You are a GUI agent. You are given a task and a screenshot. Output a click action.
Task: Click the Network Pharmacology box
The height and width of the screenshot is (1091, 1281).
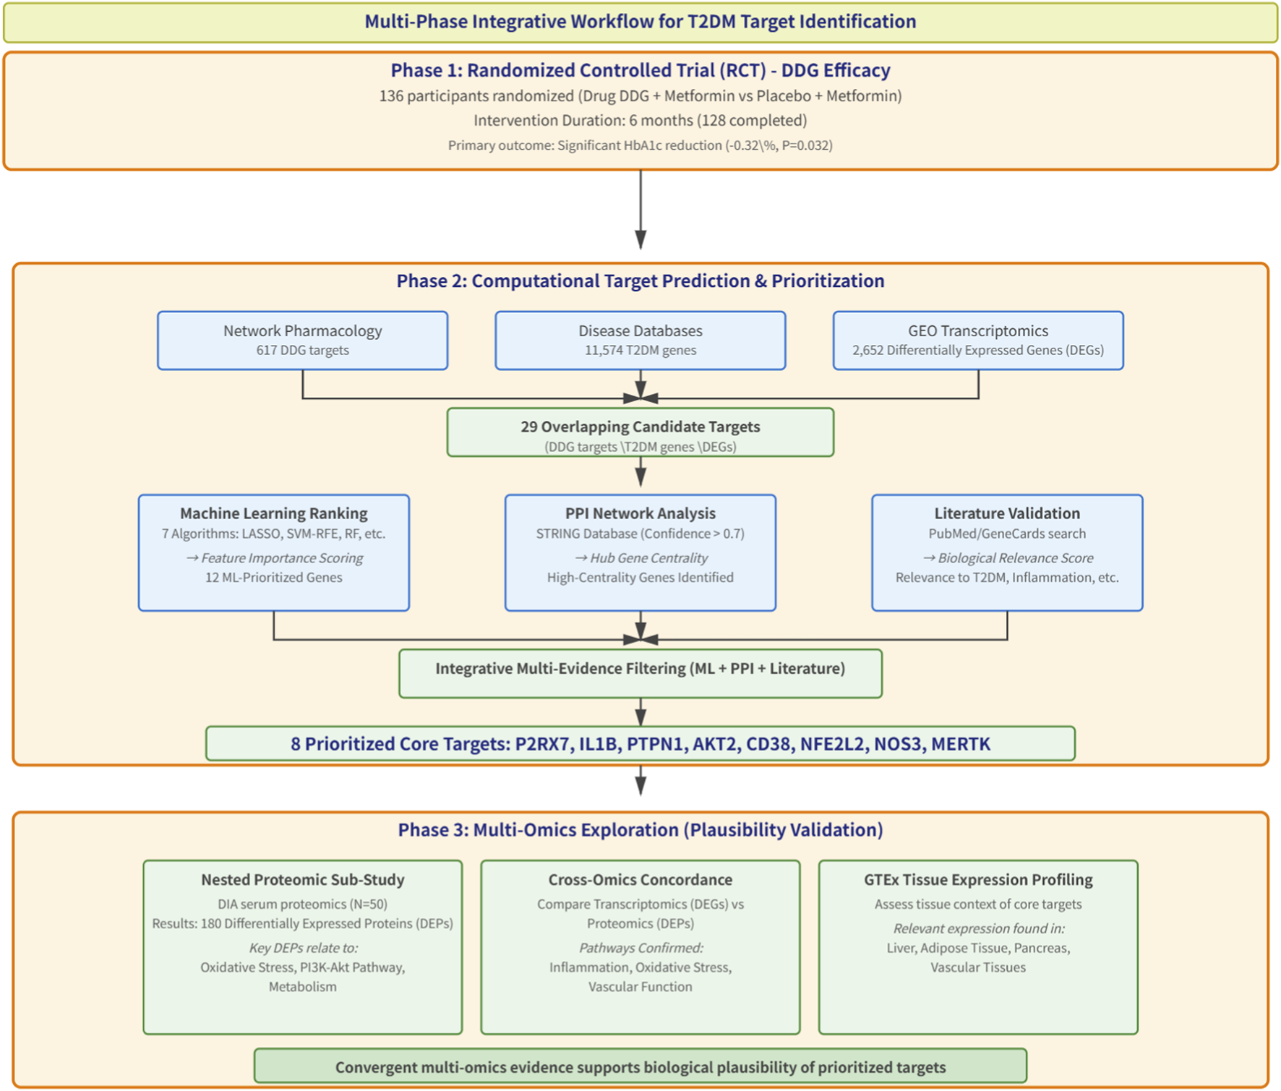pos(302,341)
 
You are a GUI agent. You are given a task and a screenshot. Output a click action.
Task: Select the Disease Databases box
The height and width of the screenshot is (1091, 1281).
pos(640,341)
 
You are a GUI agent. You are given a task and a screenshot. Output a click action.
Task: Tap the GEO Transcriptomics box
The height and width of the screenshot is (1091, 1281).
pos(977,341)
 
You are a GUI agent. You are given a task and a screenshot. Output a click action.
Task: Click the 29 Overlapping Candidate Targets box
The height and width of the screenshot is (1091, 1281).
pos(640,433)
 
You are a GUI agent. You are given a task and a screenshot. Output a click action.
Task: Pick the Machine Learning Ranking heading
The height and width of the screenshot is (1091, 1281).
pos(273,513)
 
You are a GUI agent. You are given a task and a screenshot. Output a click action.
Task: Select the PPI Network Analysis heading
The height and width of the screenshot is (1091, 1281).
pos(640,513)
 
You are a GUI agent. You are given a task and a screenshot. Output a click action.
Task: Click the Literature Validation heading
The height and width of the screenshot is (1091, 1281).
pos(1006,513)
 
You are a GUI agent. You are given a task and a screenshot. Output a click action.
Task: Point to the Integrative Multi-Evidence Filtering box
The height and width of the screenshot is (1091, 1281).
pos(640,672)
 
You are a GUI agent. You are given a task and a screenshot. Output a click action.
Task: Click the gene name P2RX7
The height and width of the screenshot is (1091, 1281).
pos(541,744)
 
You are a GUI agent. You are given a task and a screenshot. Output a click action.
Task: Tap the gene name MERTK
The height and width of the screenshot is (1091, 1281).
pos(960,744)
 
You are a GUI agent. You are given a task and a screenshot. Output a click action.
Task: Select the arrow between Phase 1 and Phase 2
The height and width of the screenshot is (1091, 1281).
pos(640,210)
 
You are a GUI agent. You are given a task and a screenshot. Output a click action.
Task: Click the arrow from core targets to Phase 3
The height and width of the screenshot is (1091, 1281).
pos(640,780)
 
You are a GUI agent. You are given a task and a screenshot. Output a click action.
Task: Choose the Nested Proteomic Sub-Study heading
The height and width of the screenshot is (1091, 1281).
pos(302,880)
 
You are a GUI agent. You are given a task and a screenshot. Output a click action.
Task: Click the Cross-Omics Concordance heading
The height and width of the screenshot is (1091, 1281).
pos(640,880)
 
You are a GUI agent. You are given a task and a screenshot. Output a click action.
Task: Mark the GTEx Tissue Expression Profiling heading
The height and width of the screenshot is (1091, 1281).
pos(977,880)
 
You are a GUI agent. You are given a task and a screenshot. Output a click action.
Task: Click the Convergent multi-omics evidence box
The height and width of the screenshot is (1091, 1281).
pos(640,1066)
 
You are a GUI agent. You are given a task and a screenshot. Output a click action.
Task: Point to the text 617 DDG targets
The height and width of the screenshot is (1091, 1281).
pos(302,351)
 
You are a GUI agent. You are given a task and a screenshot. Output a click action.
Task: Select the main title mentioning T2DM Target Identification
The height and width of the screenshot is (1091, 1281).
pos(640,22)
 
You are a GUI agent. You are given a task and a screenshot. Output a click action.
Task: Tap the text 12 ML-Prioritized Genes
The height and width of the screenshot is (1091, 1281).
pos(273,578)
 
